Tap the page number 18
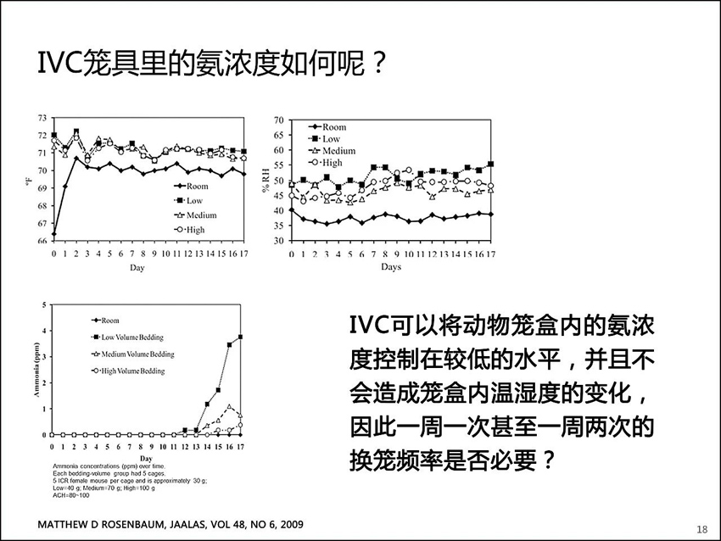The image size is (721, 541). pyautogui.click(x=701, y=528)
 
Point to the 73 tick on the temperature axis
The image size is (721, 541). pyautogui.click(x=42, y=117)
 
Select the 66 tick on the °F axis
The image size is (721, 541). pyautogui.click(x=42, y=241)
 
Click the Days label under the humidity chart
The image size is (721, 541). pyautogui.click(x=390, y=266)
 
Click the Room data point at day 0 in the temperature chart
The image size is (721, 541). pyautogui.click(x=54, y=233)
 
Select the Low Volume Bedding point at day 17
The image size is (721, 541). pyautogui.click(x=241, y=337)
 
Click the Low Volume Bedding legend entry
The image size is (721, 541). pyautogui.click(x=131, y=337)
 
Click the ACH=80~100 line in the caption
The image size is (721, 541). pyautogui.click(x=70, y=495)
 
